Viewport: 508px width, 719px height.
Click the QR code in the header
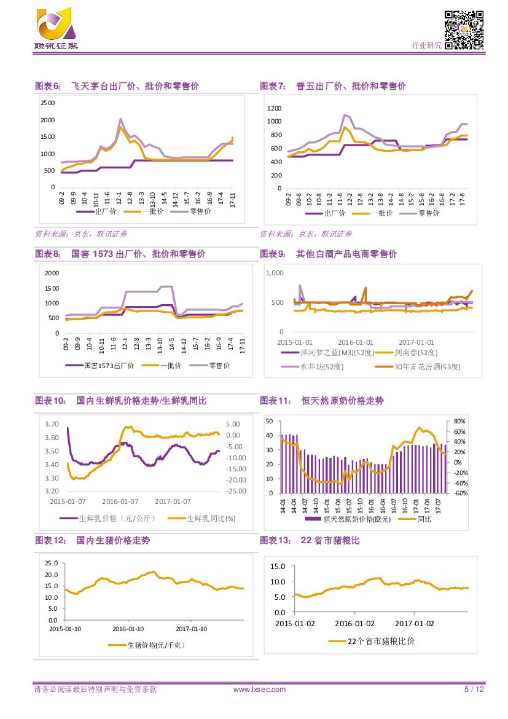464,29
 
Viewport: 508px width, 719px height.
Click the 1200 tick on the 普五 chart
274,108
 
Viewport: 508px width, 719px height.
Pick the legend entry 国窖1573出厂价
108,366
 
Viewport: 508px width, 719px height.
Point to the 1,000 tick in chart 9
274,273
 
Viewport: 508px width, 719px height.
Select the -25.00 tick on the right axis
236,491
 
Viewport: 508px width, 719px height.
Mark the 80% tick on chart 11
460,422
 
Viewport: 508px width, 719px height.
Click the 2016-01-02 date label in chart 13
354,623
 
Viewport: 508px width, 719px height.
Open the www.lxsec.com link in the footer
260,690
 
